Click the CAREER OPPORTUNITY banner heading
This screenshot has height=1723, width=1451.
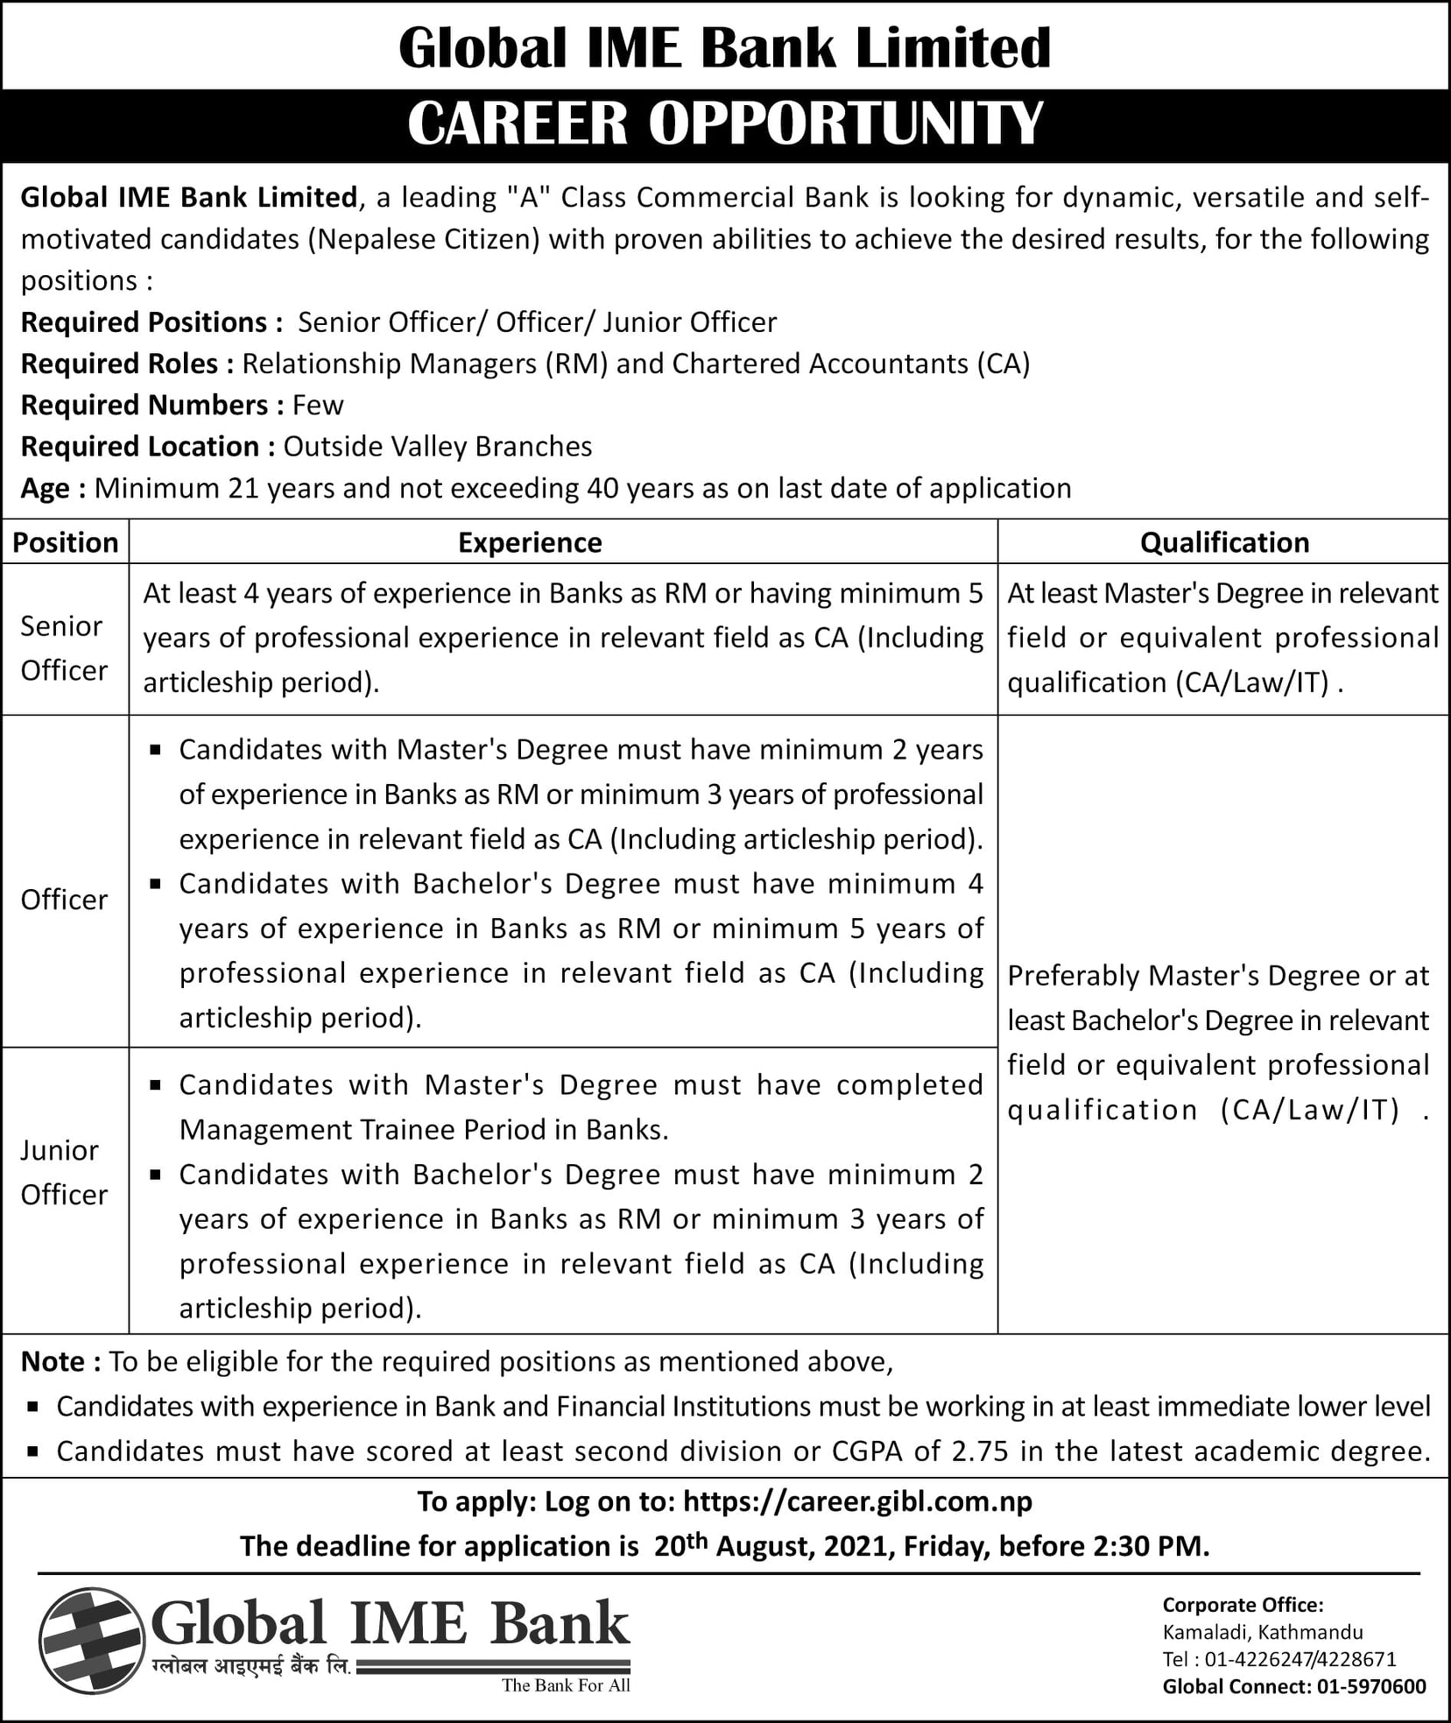point(725,124)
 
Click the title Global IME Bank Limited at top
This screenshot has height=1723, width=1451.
point(725,47)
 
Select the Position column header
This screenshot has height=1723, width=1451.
point(66,542)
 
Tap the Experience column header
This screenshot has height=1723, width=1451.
point(530,542)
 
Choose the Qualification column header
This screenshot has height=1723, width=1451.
point(1224,542)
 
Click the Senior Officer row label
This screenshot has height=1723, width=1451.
point(64,648)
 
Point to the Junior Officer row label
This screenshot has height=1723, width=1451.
point(64,1172)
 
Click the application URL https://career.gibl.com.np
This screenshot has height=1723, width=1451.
point(857,1501)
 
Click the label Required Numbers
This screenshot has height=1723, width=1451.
point(151,405)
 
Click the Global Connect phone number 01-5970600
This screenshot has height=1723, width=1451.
point(1371,1686)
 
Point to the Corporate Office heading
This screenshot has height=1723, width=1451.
point(1243,1605)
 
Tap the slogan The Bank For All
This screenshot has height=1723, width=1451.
point(566,1685)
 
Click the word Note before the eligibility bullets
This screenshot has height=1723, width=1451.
point(53,1361)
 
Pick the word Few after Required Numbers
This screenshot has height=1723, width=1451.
point(318,405)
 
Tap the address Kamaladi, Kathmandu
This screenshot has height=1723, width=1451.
point(1263,1632)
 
